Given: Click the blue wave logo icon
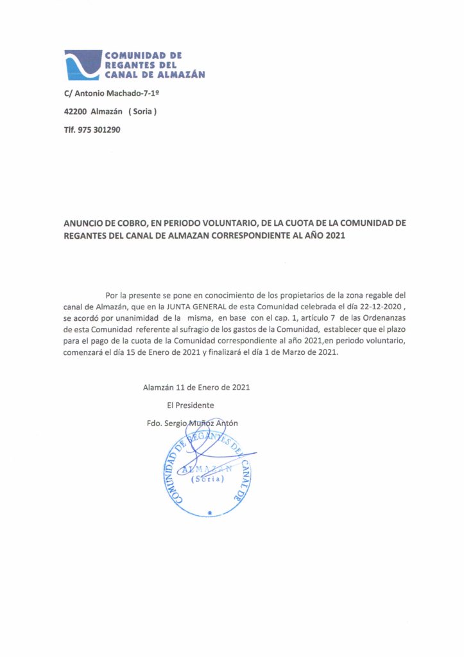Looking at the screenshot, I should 83,64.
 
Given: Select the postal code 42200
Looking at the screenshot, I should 76,112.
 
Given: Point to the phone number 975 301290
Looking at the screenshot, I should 99,130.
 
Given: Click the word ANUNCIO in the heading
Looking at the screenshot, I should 85,223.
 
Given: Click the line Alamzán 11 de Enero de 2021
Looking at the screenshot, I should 196,388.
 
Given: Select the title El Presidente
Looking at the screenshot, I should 190,405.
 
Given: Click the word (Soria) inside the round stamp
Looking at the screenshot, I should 206,479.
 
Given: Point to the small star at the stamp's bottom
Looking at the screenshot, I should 210,513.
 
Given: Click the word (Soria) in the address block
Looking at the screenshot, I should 142,112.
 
